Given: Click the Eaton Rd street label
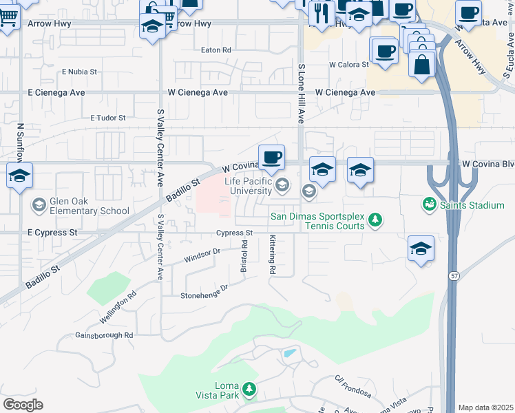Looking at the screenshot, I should (x=216, y=50).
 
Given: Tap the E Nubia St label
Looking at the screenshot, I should (x=80, y=71).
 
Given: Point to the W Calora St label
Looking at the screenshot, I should (x=348, y=65).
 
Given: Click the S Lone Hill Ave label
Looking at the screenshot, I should (x=301, y=94).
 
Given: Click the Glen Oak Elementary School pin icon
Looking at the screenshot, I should (x=39, y=204).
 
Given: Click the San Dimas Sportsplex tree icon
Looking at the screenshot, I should (x=375, y=220).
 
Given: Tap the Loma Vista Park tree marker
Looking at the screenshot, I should (x=249, y=390).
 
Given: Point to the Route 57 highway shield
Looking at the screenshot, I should (x=454, y=275).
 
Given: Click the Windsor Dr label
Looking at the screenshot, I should (x=202, y=256).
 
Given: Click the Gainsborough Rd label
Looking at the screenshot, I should (x=104, y=335).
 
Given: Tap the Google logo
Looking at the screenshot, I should (x=23, y=404).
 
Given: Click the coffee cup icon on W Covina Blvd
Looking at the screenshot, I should (x=272, y=158).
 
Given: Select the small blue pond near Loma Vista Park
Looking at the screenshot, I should (x=290, y=354).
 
